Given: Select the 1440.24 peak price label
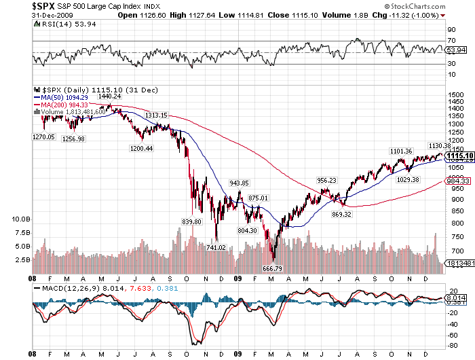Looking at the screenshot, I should click(109, 96).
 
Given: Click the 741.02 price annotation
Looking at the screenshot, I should click(216, 248).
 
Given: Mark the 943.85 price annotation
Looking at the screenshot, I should click(239, 183).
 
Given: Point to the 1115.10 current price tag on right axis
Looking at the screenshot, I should click(459, 156).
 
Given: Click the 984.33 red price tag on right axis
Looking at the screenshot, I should click(459, 181).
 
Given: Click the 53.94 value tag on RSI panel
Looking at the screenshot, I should click(459, 50).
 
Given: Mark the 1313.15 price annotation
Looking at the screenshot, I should click(156, 115).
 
